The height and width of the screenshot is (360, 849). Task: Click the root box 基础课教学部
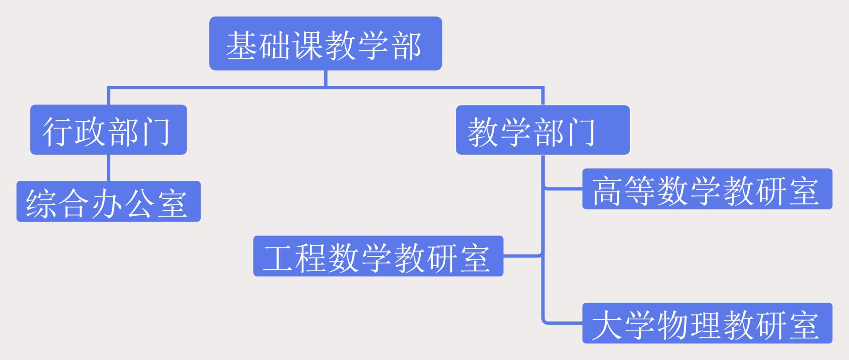(x=325, y=44)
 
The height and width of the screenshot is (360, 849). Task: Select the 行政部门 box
(x=108, y=130)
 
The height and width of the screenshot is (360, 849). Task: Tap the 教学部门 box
(x=543, y=130)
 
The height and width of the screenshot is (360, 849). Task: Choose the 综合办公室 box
(x=108, y=202)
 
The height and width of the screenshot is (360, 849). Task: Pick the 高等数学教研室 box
(x=707, y=189)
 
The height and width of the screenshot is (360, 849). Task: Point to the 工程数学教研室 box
(x=378, y=256)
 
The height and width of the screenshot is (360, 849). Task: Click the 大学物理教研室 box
(x=707, y=324)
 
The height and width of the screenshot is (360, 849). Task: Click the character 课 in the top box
(x=308, y=45)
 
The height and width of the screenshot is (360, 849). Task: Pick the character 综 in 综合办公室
(x=41, y=203)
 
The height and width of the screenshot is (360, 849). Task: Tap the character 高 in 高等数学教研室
(x=608, y=191)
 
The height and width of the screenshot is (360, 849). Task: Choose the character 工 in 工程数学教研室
(x=279, y=258)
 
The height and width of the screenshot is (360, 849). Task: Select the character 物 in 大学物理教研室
(x=673, y=325)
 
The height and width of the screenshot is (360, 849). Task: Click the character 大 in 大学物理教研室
(x=608, y=325)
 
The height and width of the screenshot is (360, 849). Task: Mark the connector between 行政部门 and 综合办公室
(x=109, y=168)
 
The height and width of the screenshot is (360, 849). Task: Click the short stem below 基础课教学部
(x=326, y=78)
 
